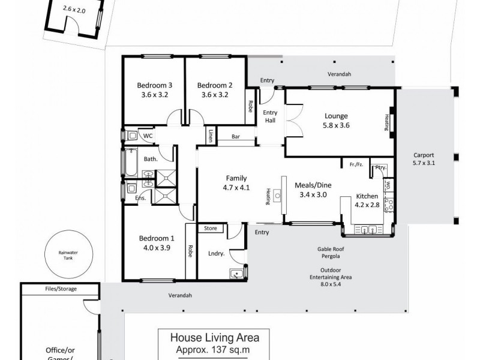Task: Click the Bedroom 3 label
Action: coord(154,85)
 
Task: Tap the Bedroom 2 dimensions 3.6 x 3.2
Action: coord(215,94)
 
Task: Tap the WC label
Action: coord(148,136)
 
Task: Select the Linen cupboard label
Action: coord(212,136)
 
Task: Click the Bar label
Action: coord(236,137)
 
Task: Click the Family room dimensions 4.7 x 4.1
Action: coord(236,188)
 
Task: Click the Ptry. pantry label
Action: coord(379,167)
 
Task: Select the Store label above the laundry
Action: coord(210,228)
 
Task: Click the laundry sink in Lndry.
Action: coord(237,274)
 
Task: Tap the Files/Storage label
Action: coord(60,289)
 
